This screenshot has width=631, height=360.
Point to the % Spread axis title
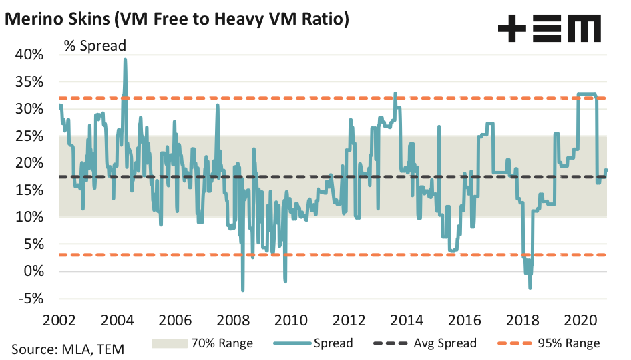(x=95, y=45)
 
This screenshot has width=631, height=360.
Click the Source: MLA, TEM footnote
(x=67, y=348)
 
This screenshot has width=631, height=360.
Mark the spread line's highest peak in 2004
(x=125, y=59)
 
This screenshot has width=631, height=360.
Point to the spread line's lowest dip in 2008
(x=242, y=289)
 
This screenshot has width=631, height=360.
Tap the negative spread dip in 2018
(x=530, y=287)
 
